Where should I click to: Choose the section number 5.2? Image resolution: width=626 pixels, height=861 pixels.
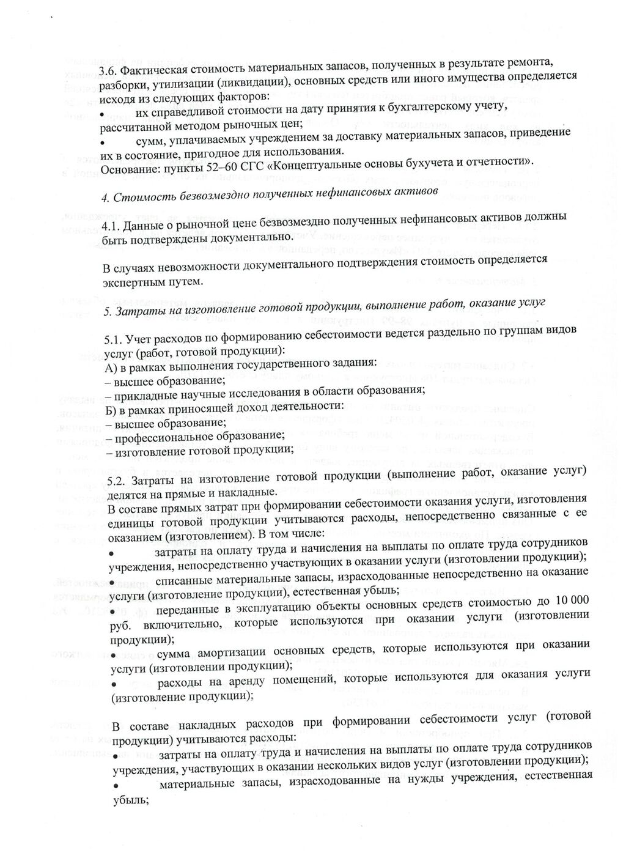click(x=117, y=479)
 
